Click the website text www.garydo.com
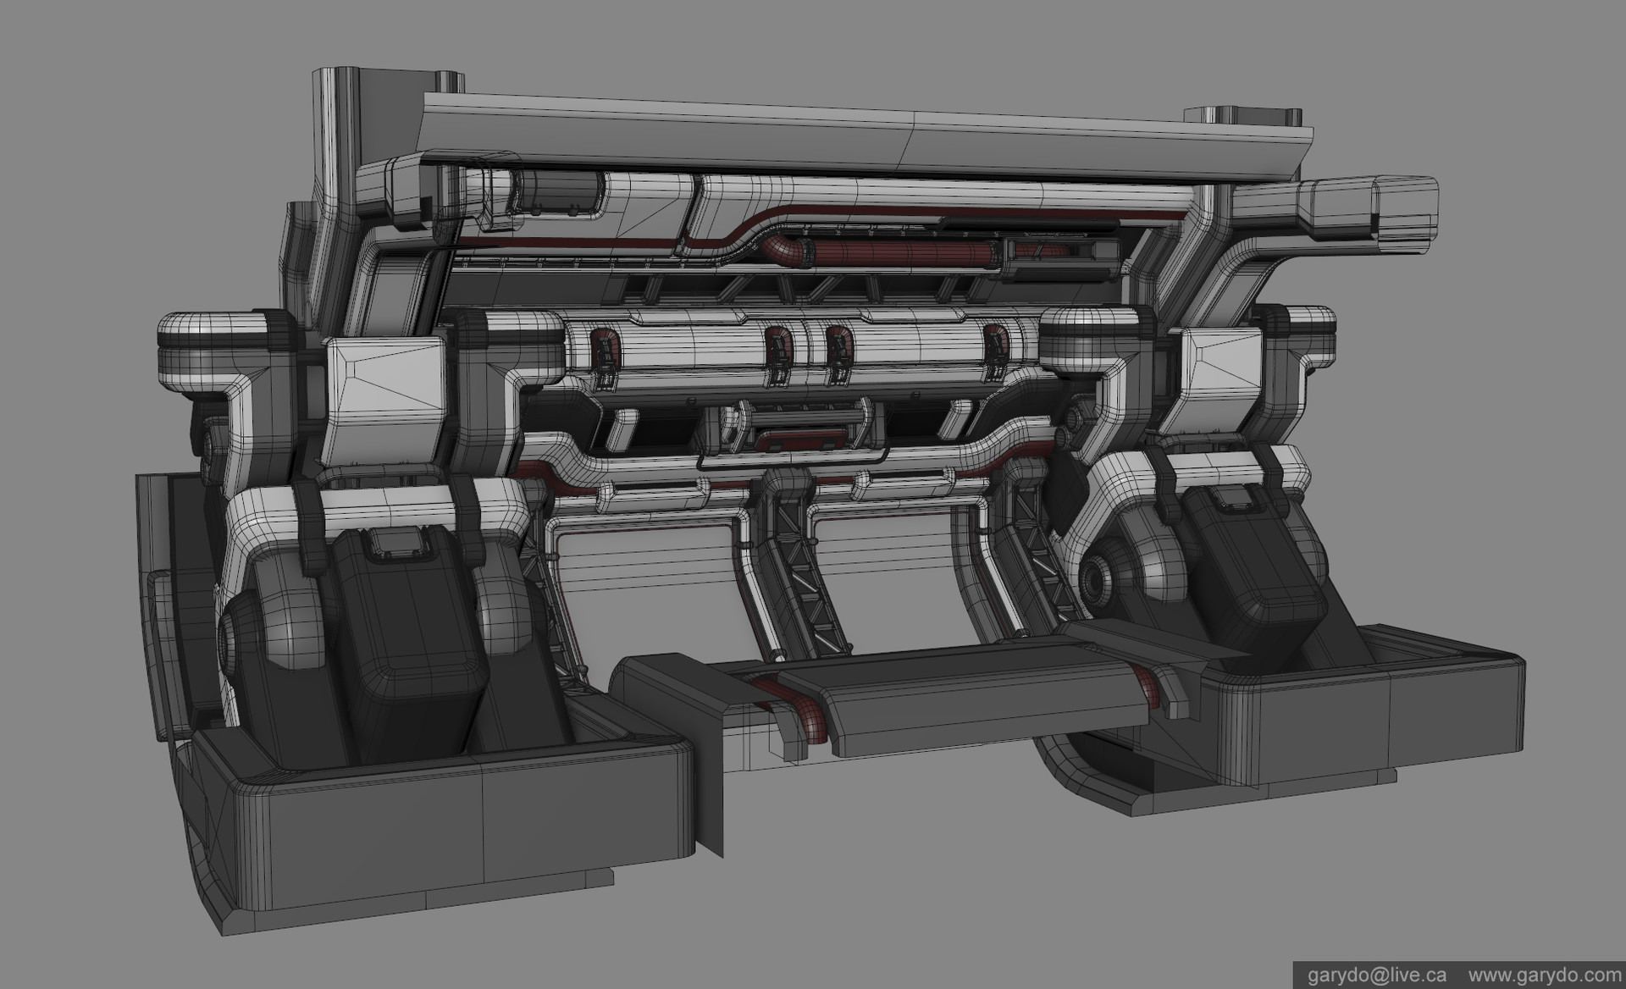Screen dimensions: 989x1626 tap(1543, 975)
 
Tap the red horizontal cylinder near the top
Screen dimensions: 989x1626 tap(898, 252)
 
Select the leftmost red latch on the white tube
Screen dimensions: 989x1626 tap(602, 349)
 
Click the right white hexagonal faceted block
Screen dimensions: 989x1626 tap(1217, 381)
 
